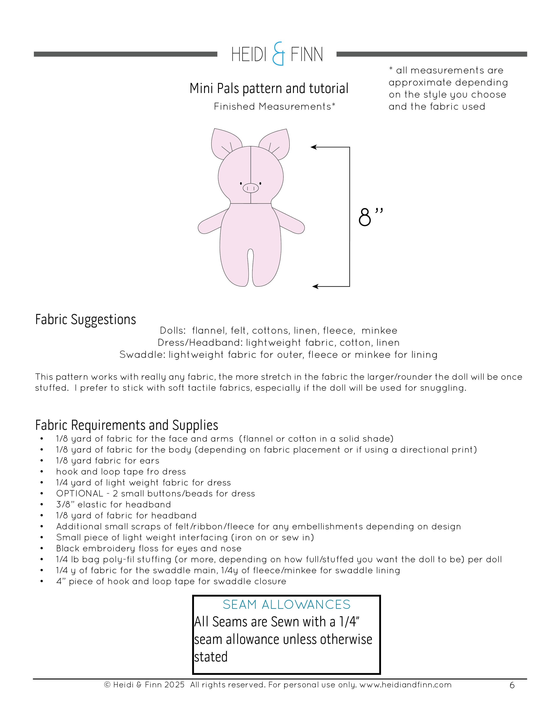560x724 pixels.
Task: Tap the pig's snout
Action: pos(251,188)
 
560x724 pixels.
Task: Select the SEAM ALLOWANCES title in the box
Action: pos(286,605)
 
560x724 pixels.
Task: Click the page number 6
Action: pos(512,685)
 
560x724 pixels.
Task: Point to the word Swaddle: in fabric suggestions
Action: pos(142,355)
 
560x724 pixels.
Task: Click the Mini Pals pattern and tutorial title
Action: pos(269,88)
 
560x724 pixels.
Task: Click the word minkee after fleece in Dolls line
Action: pos(379,330)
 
